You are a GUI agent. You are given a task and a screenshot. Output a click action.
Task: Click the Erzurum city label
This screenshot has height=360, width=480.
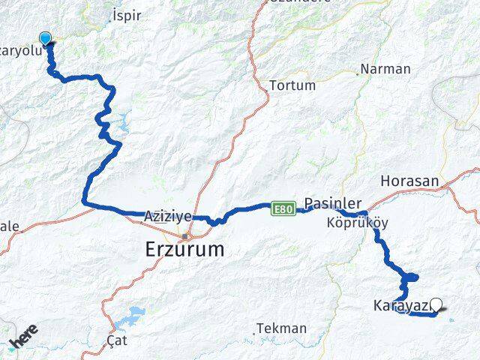[x=184, y=250]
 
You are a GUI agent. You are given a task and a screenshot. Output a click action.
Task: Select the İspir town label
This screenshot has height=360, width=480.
[x=125, y=15]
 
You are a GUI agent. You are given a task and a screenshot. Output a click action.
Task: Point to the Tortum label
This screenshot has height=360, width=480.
[x=292, y=85]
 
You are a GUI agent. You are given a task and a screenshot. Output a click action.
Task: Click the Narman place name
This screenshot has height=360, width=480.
[x=385, y=69]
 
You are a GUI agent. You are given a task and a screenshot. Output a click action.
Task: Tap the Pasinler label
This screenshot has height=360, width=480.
[x=333, y=203]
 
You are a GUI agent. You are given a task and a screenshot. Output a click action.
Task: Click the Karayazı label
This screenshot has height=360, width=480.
[x=400, y=305]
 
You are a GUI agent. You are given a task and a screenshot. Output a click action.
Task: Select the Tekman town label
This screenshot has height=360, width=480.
[x=281, y=328]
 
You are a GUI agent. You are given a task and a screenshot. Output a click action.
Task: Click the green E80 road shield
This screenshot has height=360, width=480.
[x=282, y=208]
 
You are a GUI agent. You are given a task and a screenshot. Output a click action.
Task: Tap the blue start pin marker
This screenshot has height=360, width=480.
[x=46, y=39]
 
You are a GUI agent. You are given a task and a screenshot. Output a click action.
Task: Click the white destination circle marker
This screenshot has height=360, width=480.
[x=436, y=304]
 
